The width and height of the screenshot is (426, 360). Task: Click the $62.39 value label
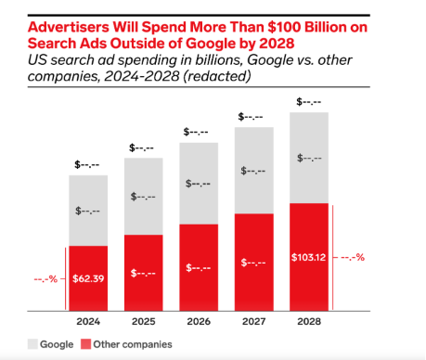point(88,278)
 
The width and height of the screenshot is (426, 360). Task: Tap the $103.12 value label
point(308,257)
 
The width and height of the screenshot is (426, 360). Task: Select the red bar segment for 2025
point(144,273)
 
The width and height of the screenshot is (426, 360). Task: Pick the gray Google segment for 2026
point(199,184)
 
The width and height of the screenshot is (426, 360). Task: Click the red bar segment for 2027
point(254,263)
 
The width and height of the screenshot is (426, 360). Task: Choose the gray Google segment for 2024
point(88,211)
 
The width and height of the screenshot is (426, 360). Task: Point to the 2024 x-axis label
point(88,322)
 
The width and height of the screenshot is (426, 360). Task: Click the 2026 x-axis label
point(199,322)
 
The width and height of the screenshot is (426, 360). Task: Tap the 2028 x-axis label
point(309,322)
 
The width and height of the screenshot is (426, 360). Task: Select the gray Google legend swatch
point(32,344)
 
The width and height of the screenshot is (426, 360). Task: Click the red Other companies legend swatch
point(85,344)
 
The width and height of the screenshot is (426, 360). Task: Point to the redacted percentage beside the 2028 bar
point(353,257)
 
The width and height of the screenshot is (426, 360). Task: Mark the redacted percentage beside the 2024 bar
point(45,279)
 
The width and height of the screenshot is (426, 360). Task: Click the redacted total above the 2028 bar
point(309,101)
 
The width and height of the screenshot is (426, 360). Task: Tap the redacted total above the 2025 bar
point(141,148)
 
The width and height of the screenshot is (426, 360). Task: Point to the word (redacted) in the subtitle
point(217,76)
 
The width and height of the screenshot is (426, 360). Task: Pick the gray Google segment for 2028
point(309,158)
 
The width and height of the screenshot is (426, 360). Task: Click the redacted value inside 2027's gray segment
point(253,171)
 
